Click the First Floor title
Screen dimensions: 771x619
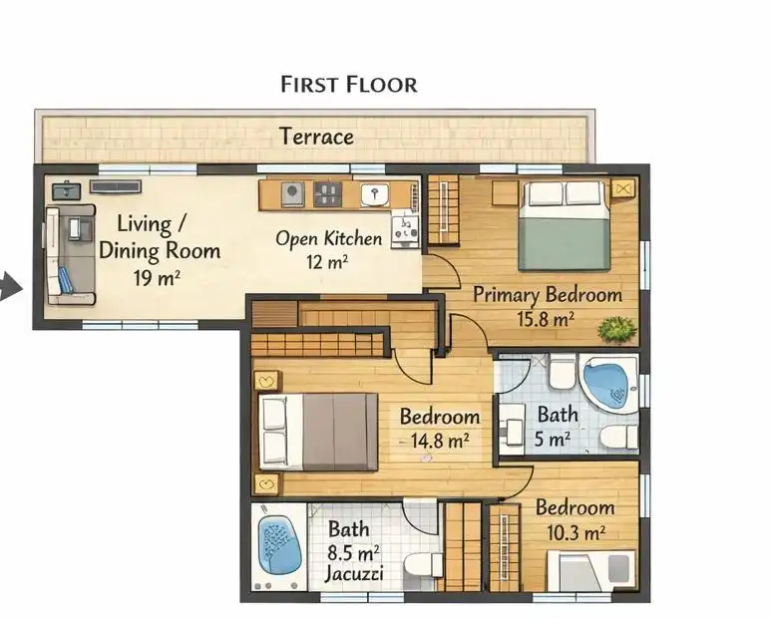coord(349,85)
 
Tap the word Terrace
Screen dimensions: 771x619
coord(316,137)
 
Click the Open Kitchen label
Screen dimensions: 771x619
coord(328,239)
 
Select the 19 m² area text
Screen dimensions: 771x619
coord(157,278)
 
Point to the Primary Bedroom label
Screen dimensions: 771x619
coord(548,295)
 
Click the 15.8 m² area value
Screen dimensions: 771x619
coord(546,319)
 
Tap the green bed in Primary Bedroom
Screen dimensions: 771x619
coord(565,226)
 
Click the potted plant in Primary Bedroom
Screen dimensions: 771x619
coord(616,328)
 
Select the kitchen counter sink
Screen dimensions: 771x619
coord(375,194)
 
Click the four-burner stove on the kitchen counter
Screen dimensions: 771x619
coord(328,194)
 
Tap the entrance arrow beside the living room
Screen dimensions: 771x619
coord(10,287)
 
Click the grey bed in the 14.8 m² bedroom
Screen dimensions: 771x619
coord(318,432)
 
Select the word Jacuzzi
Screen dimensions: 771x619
coord(354,574)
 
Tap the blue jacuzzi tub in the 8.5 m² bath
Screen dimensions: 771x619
coord(280,545)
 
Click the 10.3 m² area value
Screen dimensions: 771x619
coord(576,532)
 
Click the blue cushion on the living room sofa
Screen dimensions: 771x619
coord(65,280)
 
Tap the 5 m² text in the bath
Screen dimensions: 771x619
coord(553,440)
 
